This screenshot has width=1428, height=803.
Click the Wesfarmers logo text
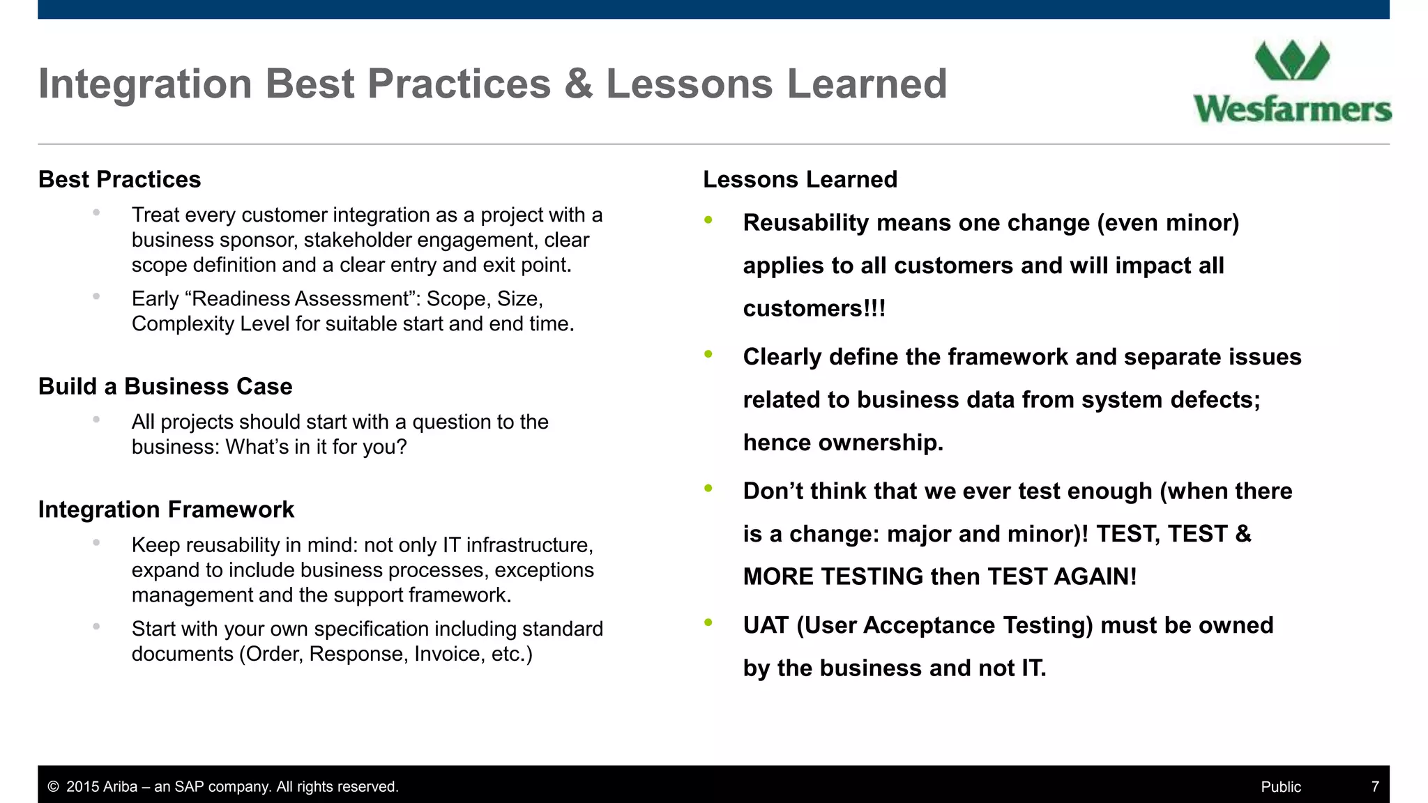1292,110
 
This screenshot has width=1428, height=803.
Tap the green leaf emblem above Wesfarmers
1292,61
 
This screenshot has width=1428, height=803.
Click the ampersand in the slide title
578,84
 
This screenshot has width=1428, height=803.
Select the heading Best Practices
119,180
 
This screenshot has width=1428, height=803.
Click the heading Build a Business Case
165,387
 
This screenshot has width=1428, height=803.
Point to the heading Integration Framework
166,510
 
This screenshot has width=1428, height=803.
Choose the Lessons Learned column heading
800,180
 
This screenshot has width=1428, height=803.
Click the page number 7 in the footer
1375,786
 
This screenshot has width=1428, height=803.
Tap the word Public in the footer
1281,787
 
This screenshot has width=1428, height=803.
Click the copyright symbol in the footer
53,787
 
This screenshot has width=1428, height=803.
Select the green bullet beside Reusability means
708,220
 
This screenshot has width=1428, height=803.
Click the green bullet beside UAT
708,622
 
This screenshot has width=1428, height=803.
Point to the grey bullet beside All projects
96,420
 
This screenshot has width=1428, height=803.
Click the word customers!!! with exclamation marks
814,309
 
